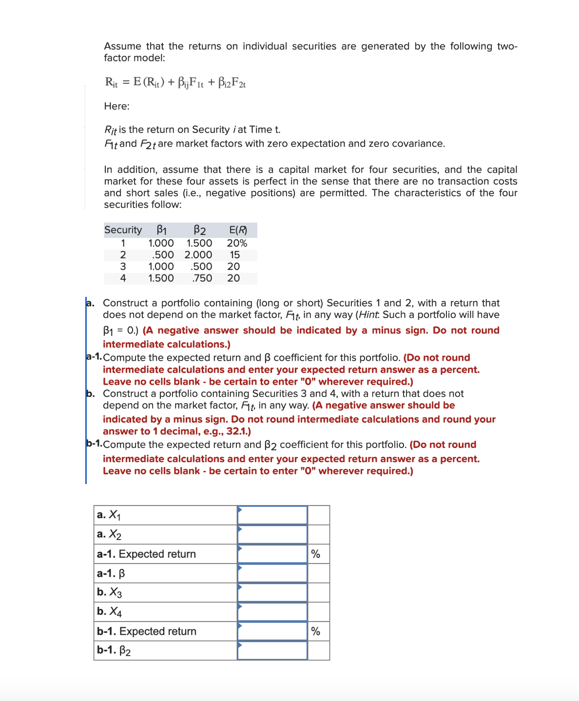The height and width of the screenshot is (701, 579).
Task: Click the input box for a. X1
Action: [x=272, y=515]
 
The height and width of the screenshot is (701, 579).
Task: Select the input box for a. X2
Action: [x=272, y=534]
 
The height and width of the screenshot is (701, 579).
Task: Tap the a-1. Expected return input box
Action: [x=272, y=554]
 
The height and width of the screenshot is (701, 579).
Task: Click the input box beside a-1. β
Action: [x=272, y=573]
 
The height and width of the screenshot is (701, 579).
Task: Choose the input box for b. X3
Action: [x=272, y=592]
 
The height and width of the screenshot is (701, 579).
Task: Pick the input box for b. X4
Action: [x=272, y=612]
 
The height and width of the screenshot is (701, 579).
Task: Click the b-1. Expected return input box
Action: [x=272, y=631]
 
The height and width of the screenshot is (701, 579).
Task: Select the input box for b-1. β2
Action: [x=272, y=650]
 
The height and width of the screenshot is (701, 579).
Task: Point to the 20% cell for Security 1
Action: [x=237, y=243]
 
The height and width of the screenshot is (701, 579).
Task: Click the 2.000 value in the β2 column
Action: [x=198, y=255]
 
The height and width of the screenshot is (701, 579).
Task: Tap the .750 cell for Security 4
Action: [x=202, y=278]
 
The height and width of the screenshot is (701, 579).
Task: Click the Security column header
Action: [x=123, y=230]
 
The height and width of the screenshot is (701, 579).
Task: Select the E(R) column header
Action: [x=238, y=230]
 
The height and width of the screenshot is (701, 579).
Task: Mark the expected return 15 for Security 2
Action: [x=235, y=255]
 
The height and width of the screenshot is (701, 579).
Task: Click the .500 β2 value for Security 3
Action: [x=201, y=267]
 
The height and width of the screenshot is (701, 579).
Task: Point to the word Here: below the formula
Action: [x=116, y=106]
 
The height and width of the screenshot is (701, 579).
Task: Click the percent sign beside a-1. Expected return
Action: [x=316, y=554]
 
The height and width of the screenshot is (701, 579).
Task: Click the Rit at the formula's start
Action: [x=111, y=82]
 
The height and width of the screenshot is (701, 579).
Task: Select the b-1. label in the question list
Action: [x=94, y=444]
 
